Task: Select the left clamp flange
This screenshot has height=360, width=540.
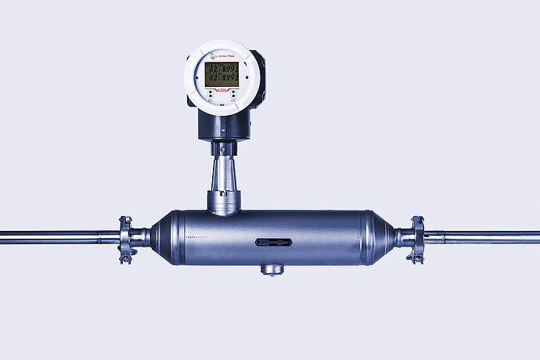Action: (x=124, y=239)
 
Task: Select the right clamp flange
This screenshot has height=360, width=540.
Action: (x=416, y=239)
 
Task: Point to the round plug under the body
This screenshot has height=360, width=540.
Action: (x=272, y=270)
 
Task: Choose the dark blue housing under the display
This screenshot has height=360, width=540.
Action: (x=223, y=125)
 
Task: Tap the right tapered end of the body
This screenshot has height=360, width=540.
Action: (x=383, y=237)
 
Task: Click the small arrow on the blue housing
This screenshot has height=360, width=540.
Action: (x=221, y=147)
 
